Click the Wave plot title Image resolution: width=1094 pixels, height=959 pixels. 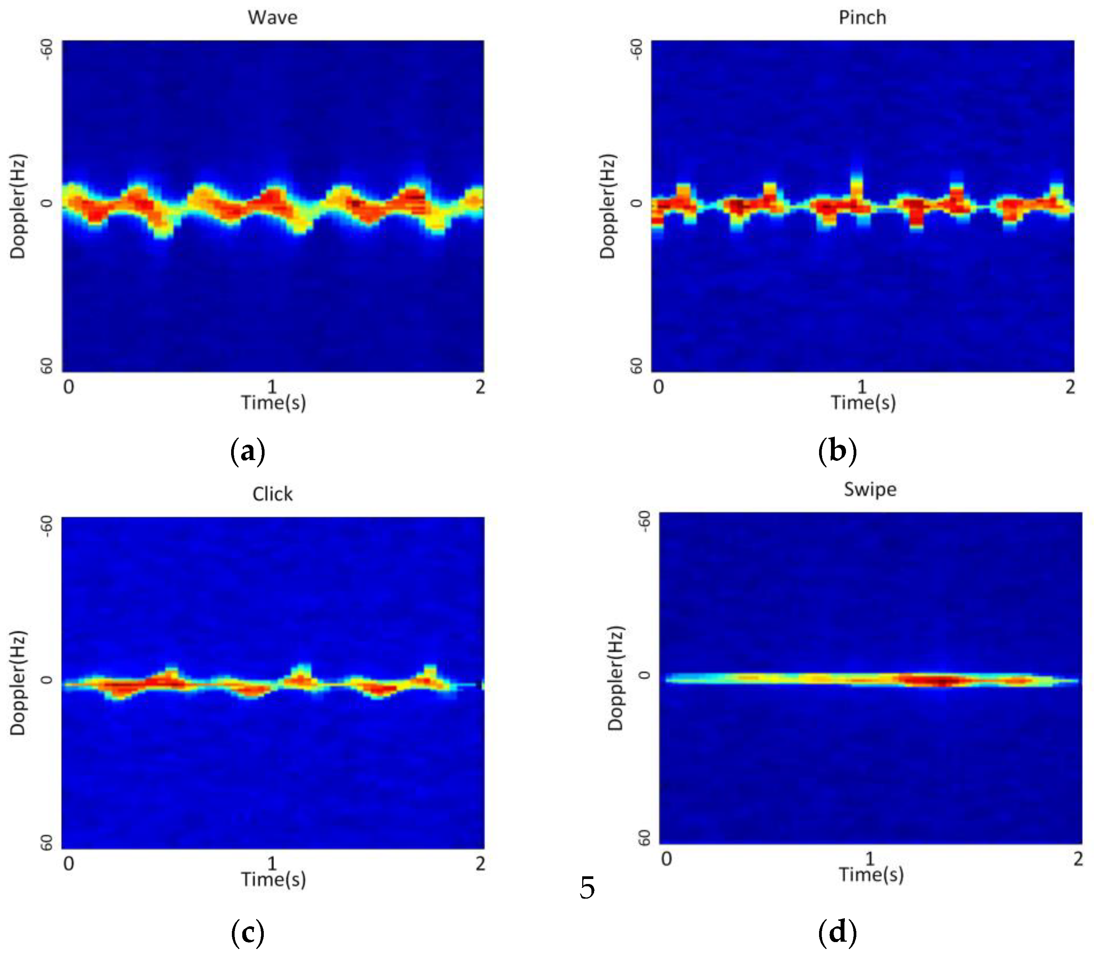[272, 18]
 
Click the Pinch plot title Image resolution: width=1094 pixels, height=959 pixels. [862, 18]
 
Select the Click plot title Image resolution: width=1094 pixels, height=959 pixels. [272, 494]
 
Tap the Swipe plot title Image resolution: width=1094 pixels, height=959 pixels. [870, 489]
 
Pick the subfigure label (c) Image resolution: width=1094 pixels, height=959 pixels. [248, 933]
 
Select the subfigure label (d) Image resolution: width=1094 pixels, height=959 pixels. [837, 933]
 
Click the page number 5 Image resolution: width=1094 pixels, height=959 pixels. [587, 888]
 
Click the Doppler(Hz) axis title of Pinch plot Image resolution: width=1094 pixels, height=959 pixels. [608, 206]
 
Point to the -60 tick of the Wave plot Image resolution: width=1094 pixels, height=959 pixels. [47, 50]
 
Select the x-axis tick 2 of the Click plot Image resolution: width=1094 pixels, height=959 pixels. [480, 863]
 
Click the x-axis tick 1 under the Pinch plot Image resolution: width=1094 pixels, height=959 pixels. [861, 386]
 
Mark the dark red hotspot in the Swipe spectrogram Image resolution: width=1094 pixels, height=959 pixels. [939, 681]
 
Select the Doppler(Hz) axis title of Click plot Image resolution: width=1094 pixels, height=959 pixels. [18, 682]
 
